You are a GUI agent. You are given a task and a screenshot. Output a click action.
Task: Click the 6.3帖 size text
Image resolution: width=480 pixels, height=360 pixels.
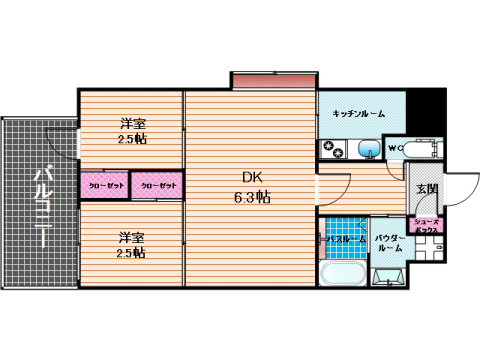click(250, 197)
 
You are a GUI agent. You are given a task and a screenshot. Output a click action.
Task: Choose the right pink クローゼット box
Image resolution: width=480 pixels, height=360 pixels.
click(157, 185)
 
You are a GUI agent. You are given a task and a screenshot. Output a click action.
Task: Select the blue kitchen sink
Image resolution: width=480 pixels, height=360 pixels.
click(367, 151)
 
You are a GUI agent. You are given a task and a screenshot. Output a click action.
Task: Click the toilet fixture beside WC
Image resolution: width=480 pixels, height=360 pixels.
click(420, 150)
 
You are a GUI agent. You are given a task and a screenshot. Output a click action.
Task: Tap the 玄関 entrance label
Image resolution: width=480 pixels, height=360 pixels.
click(426, 188)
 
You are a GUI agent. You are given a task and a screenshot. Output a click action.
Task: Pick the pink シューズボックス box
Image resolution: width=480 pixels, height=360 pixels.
click(425, 229)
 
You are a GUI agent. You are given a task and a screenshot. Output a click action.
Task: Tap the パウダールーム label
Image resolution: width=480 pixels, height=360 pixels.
click(389, 243)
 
